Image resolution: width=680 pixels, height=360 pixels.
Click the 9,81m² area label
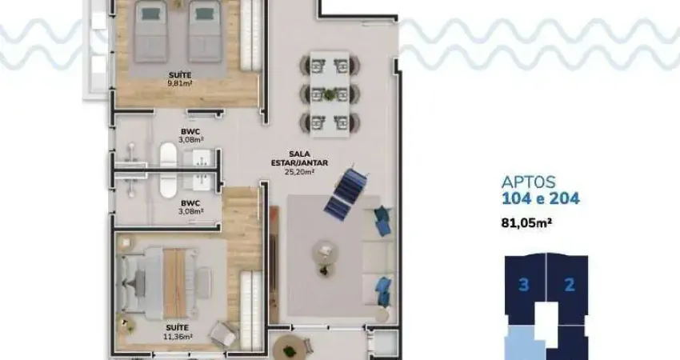(180, 83)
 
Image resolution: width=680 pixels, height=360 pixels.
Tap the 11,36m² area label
(180, 336)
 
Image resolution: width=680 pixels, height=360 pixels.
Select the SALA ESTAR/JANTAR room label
(299, 158)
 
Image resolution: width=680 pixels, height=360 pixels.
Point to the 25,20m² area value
(299, 172)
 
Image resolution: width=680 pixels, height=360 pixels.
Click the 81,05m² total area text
(526, 223)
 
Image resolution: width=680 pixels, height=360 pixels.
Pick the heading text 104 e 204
(540, 198)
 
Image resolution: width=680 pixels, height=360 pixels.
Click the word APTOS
(529, 182)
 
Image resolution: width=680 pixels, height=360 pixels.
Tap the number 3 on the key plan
(524, 285)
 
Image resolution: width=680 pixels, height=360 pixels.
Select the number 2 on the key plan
(570, 285)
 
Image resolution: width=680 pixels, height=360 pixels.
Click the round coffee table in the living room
(324, 252)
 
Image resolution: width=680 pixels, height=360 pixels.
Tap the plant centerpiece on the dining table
(330, 94)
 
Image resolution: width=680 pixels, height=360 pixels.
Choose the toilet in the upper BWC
(168, 153)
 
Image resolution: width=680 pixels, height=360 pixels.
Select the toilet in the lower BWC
(168, 185)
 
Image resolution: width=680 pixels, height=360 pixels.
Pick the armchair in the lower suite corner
(223, 334)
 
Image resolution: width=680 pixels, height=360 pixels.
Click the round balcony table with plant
(290, 347)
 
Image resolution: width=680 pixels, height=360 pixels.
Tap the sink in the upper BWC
(201, 158)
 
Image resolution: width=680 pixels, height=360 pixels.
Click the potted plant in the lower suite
(126, 322)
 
